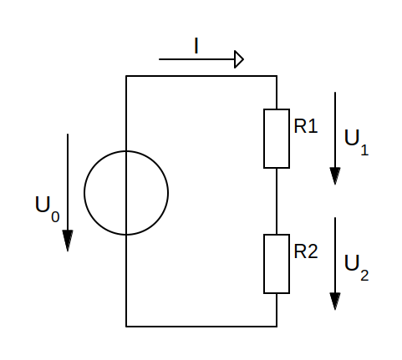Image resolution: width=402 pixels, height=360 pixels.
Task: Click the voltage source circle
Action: click(84, 193)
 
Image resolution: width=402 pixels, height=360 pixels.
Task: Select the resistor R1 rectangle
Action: click(263, 139)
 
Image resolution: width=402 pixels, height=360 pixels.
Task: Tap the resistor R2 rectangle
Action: click(263, 264)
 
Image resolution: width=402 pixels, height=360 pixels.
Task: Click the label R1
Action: click(306, 126)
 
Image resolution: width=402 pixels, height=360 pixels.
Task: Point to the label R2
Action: click(306, 251)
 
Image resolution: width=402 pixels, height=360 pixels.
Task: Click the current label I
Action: click(196, 46)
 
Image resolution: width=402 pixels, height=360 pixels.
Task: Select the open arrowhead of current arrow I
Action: click(239, 59)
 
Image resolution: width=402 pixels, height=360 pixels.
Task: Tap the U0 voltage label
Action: click(47, 209)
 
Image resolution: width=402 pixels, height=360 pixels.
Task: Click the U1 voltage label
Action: click(356, 142)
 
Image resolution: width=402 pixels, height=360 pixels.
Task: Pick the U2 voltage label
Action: click(356, 267)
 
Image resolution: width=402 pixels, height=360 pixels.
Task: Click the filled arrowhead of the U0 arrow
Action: click(68, 241)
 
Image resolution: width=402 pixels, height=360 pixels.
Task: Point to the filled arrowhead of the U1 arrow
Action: click(335, 176)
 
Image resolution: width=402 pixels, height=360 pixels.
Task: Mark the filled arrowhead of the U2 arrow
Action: click(335, 302)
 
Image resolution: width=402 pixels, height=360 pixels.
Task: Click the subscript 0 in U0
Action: click(55, 217)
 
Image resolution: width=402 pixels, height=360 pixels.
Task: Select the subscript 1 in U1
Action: click(364, 150)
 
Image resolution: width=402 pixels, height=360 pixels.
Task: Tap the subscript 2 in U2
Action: click(364, 276)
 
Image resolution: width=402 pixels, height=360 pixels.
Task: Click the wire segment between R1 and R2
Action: click(277, 201)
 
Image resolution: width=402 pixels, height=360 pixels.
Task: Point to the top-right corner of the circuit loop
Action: click(277, 76)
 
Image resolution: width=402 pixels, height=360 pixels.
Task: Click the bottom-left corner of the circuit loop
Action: click(126, 327)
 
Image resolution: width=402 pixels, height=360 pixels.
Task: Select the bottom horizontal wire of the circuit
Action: click(201, 327)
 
